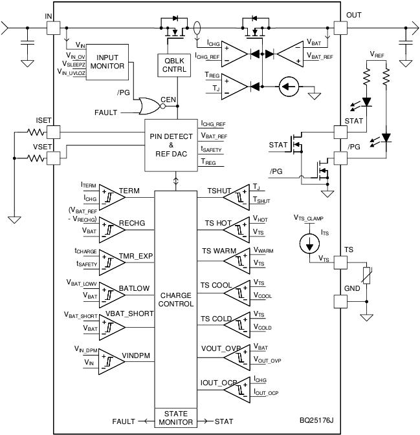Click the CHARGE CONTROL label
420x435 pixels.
(x=176, y=299)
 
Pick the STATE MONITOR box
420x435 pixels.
(x=176, y=417)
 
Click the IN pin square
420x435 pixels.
(x=52, y=28)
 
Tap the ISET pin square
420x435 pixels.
(x=52, y=131)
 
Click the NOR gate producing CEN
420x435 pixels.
(x=148, y=106)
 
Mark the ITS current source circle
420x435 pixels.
(x=310, y=244)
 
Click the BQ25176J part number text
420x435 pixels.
(x=317, y=421)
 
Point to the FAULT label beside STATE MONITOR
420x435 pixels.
(x=123, y=421)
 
